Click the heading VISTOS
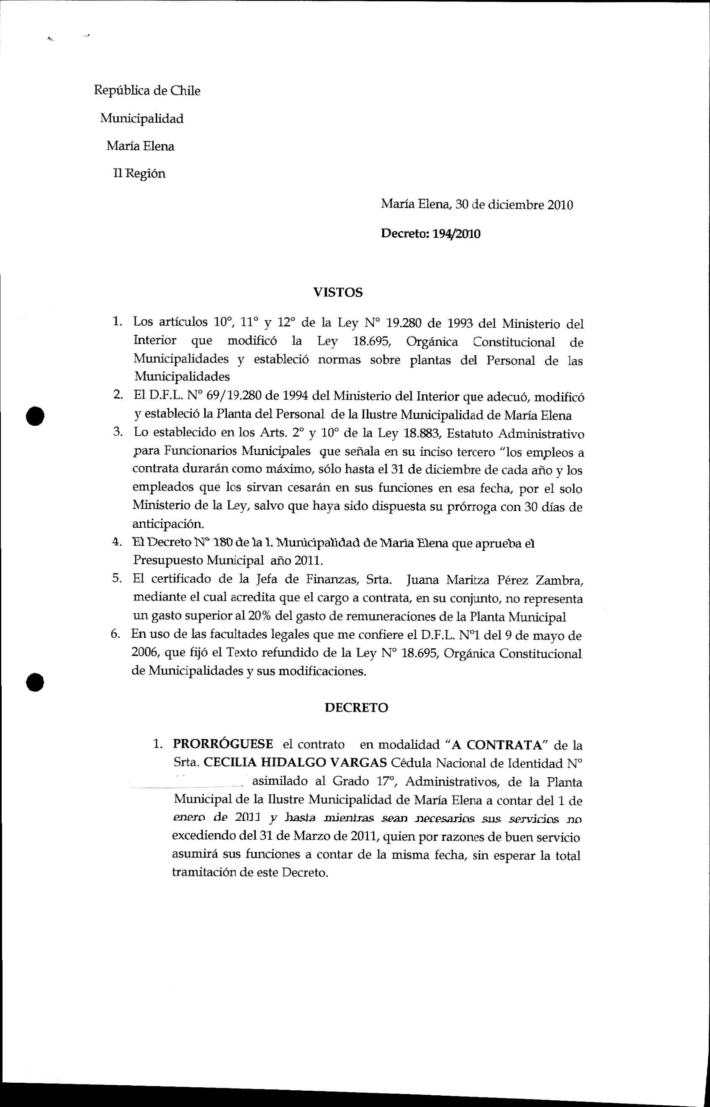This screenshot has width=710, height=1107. (x=338, y=293)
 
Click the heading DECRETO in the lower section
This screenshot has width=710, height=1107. (x=356, y=707)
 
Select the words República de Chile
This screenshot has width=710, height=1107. (x=147, y=90)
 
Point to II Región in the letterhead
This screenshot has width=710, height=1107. (x=139, y=174)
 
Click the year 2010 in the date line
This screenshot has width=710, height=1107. (x=560, y=205)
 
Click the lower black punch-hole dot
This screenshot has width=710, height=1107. (x=35, y=682)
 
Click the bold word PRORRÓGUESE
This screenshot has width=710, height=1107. (x=223, y=744)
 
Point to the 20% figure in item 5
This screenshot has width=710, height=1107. (x=253, y=616)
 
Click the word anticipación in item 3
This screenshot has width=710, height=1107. (x=168, y=524)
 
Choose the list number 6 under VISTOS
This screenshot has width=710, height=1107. (x=115, y=634)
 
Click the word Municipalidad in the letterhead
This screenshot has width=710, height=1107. (x=142, y=118)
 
